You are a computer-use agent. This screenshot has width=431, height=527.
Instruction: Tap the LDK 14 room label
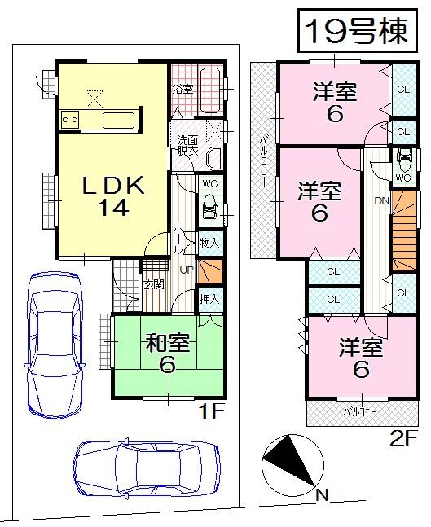click(114, 196)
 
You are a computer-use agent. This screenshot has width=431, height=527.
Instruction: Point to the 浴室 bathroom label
click(181, 88)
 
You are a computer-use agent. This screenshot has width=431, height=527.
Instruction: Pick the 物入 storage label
click(209, 242)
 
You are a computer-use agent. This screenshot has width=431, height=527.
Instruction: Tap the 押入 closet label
click(209, 299)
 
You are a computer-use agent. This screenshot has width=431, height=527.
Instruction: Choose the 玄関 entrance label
click(153, 284)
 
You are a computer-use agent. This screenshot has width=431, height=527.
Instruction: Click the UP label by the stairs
click(185, 270)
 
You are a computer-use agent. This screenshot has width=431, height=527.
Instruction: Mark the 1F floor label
click(211, 413)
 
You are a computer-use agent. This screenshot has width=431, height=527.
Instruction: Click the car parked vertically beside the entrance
click(55, 342)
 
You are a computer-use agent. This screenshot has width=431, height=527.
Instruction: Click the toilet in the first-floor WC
click(209, 204)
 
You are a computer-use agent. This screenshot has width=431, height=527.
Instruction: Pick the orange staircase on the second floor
click(402, 236)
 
